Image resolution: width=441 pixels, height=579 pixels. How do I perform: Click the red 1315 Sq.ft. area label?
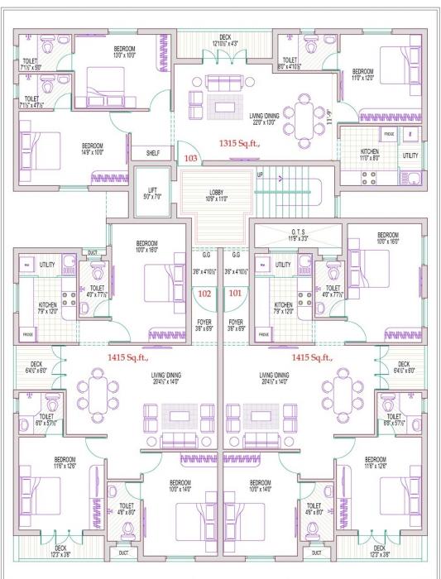pos(241,143)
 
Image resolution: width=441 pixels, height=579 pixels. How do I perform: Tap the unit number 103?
pos(190,157)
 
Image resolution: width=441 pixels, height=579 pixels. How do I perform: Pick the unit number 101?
pos(235,292)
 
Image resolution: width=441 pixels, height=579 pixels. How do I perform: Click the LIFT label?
pos(152,194)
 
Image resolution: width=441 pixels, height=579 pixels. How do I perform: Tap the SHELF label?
pos(152,153)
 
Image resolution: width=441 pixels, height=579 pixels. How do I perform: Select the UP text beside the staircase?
pos(260,175)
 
